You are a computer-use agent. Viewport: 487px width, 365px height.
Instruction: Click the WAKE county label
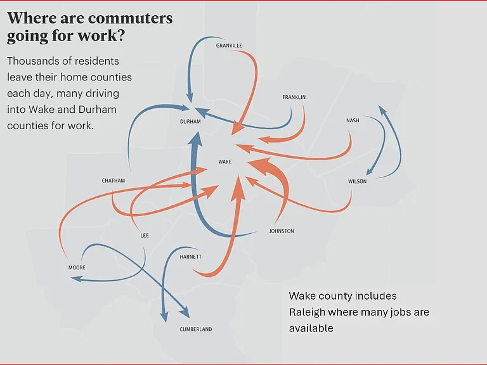(x=225, y=162)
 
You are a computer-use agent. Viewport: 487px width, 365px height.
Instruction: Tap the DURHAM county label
(x=190, y=122)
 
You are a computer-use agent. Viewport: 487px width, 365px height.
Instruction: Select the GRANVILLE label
(x=229, y=46)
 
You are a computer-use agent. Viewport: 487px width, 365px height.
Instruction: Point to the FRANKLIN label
(x=294, y=97)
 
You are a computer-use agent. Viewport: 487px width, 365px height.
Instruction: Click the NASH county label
(x=353, y=120)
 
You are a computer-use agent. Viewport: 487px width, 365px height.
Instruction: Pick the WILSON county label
(x=357, y=181)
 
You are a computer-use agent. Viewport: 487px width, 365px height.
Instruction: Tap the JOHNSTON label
(x=282, y=231)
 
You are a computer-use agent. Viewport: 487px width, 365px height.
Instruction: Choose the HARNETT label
(x=191, y=257)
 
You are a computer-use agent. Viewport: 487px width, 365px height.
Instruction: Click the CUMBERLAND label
(x=196, y=330)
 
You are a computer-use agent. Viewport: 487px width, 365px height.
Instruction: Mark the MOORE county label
(x=77, y=267)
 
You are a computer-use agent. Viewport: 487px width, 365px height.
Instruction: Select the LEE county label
(x=145, y=236)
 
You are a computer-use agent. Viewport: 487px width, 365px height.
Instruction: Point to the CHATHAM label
(x=114, y=181)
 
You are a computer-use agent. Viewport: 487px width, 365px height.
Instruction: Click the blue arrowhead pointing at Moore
(x=76, y=279)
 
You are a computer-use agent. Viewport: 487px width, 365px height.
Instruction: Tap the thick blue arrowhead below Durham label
(x=196, y=138)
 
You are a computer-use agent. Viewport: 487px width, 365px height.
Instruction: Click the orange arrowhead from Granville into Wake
(x=237, y=128)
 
